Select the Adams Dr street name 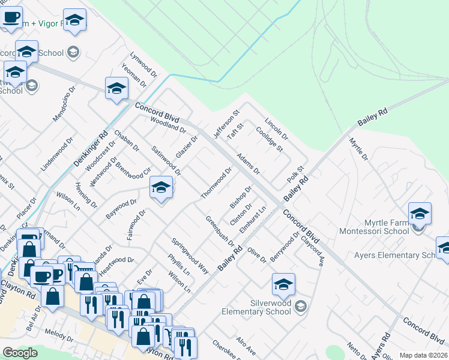(x=248, y=163)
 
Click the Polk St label (x=296, y=176)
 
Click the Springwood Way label (x=190, y=256)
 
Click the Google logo (x=20, y=353)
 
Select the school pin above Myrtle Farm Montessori (x=420, y=214)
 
